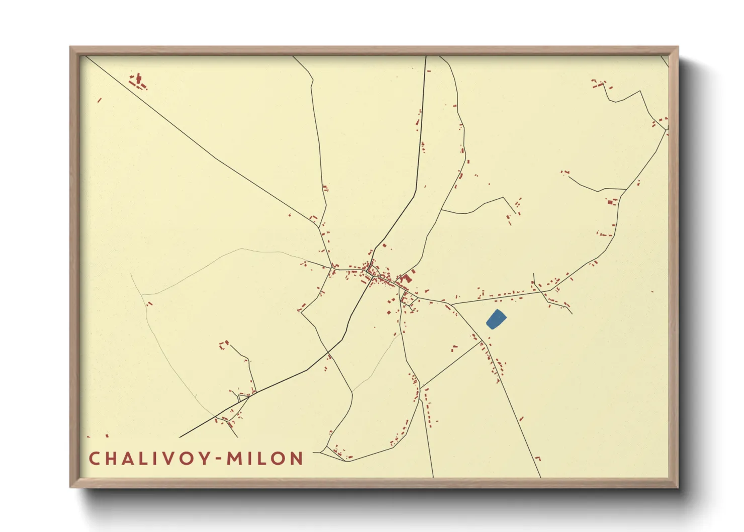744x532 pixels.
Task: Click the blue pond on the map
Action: point(496,319)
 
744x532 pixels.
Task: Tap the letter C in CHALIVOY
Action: point(94,459)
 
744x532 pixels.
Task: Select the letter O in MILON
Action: point(277,459)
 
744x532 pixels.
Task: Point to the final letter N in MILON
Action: point(297,459)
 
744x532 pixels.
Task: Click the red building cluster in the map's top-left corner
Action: point(138,81)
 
